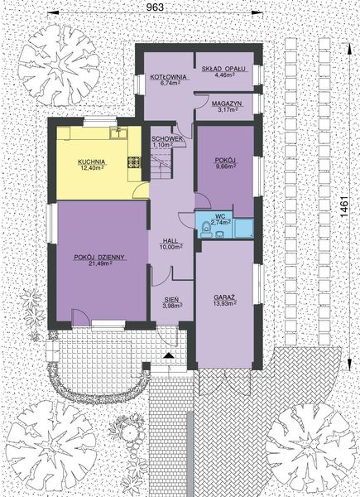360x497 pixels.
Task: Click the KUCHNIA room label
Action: [90, 161]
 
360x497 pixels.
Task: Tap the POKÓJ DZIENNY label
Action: [98, 257]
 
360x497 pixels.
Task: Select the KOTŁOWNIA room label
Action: [167, 76]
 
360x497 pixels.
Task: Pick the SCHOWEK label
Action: [166, 138]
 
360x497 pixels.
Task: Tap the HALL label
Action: [170, 239]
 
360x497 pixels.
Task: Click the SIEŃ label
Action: [170, 301]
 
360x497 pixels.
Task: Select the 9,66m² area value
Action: [225, 165]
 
